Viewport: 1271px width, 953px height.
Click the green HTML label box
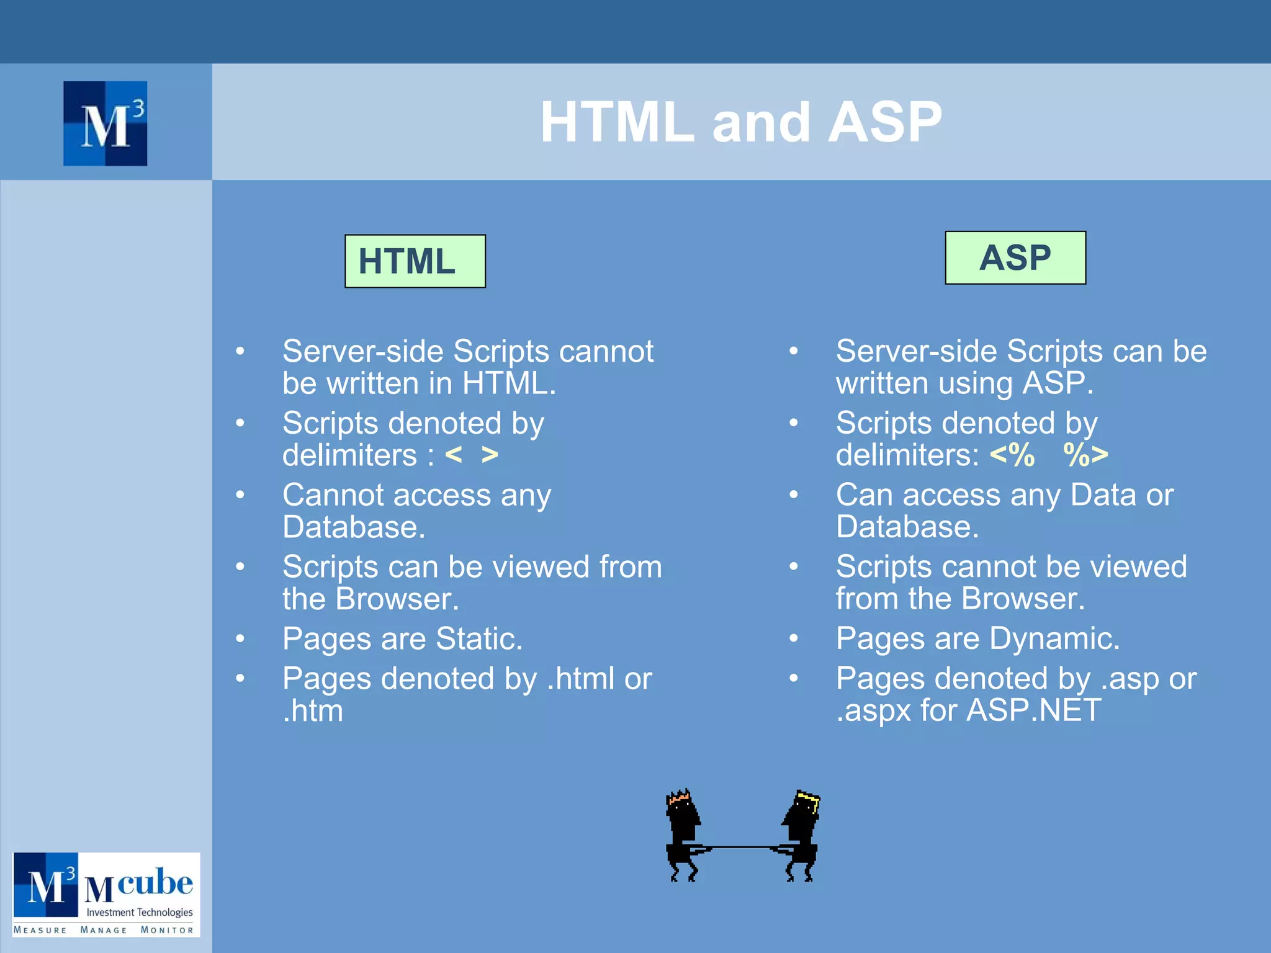click(415, 261)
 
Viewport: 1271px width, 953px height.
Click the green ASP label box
click(1015, 257)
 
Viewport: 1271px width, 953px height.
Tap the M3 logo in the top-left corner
click(105, 123)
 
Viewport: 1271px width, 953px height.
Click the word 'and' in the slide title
click(761, 122)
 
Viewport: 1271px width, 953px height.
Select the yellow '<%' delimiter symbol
click(1012, 455)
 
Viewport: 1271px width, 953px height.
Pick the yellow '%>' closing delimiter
click(1085, 455)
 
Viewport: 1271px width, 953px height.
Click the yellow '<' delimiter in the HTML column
click(454, 455)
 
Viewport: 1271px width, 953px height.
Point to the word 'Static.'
click(479, 638)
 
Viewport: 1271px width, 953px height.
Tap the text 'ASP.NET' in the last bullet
click(1034, 710)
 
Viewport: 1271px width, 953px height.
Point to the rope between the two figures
click(742, 847)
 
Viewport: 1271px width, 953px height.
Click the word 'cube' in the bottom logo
click(155, 882)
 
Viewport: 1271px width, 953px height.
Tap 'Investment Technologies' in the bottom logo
click(140, 912)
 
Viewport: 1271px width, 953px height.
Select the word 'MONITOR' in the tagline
click(167, 930)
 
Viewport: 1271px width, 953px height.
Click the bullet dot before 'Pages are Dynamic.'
click(793, 638)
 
